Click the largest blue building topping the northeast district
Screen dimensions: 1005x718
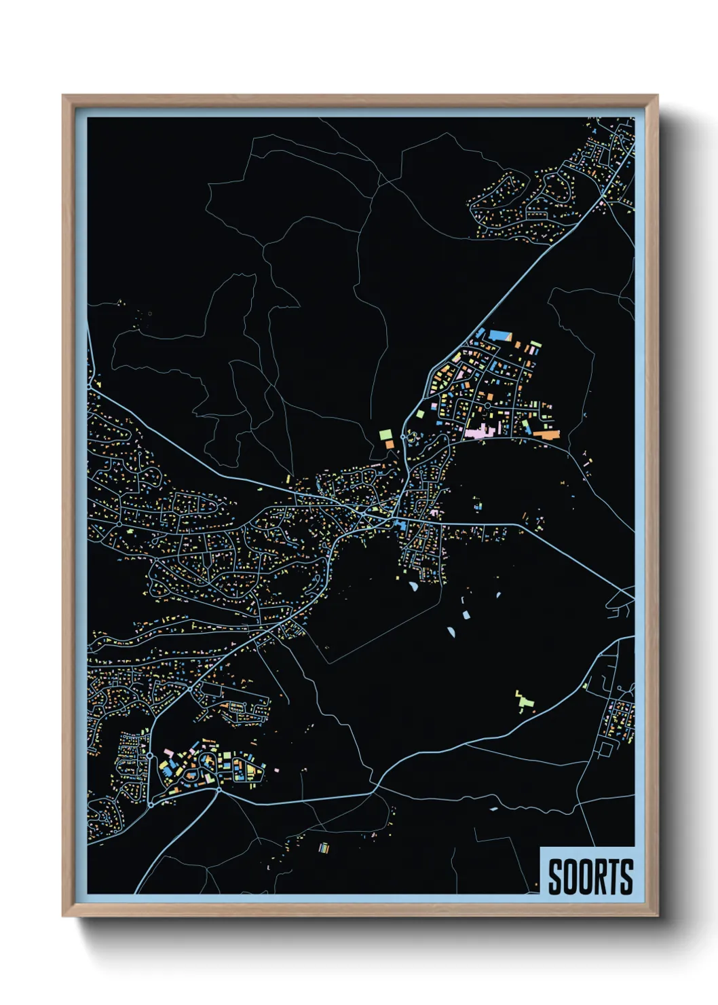click(x=500, y=335)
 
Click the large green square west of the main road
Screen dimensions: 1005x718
click(x=385, y=433)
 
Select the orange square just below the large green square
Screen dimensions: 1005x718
click(x=390, y=444)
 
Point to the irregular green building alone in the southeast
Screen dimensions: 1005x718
click(x=523, y=700)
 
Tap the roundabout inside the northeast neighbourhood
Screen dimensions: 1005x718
click(x=488, y=405)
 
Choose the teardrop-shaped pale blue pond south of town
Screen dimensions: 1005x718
click(x=413, y=585)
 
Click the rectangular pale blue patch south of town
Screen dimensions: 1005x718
click(x=466, y=615)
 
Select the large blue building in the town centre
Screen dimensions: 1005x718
click(x=401, y=524)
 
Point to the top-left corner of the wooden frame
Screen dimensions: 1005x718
click(x=64, y=96)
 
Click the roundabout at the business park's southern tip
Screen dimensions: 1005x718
click(x=218, y=790)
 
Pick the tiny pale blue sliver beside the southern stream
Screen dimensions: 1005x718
click(x=493, y=809)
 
